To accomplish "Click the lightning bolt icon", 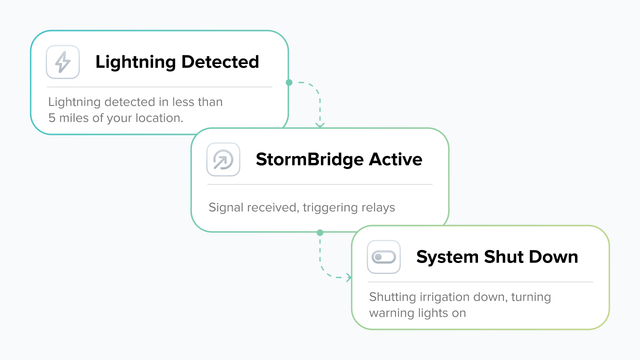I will (63, 62).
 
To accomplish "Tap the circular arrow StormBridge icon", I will (223, 159).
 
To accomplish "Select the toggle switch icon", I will (383, 257).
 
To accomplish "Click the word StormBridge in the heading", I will (309, 159).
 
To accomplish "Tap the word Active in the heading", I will (395, 159).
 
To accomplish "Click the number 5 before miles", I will (52, 118).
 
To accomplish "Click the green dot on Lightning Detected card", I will (288, 82).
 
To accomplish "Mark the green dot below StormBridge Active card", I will (320, 232).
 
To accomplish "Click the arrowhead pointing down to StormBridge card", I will (320, 125).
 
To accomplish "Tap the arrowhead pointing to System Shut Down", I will (348, 277).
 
